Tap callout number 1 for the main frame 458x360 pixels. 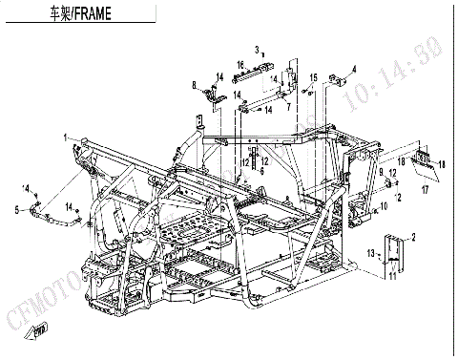[66, 138]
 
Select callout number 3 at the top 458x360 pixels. [257, 49]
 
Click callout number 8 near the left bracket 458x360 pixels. [194, 86]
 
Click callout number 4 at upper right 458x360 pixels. [353, 68]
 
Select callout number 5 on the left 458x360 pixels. [17, 207]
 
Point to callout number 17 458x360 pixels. [426, 189]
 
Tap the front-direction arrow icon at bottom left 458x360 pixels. [39, 330]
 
